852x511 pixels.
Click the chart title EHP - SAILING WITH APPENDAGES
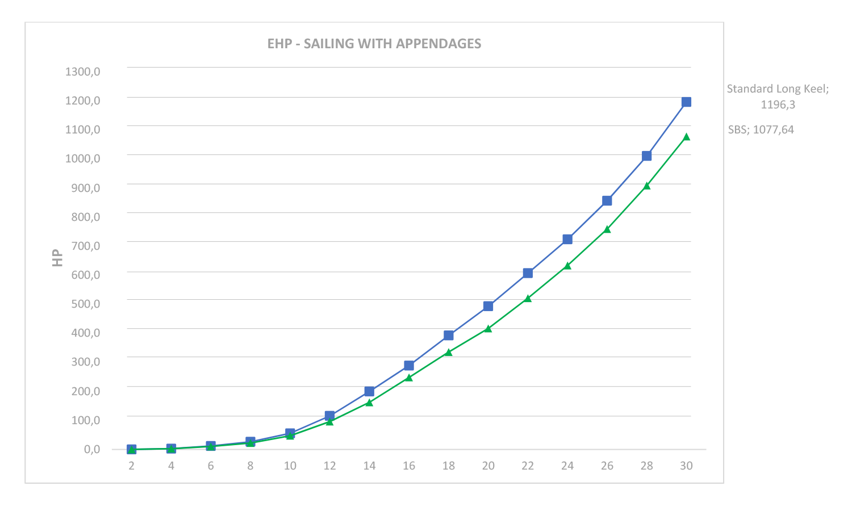[374, 44]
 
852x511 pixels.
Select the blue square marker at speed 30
[686, 102]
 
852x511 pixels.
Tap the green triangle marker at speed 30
[686, 137]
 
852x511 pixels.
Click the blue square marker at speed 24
[567, 240]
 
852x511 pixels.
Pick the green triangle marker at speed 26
[607, 229]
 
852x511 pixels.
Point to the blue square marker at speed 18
[449, 336]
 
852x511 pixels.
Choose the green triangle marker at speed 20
[488, 328]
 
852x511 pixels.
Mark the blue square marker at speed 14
[369, 392]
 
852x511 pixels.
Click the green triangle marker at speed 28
[646, 186]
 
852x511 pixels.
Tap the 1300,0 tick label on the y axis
[83, 72]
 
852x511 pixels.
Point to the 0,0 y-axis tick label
[92, 449]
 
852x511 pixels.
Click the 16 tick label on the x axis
[409, 466]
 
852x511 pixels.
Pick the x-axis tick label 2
[131, 466]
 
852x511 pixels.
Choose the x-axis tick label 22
[528, 466]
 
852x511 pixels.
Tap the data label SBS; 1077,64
[761, 129]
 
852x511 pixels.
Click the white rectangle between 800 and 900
[313, 198]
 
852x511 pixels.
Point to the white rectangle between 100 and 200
[522, 401]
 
